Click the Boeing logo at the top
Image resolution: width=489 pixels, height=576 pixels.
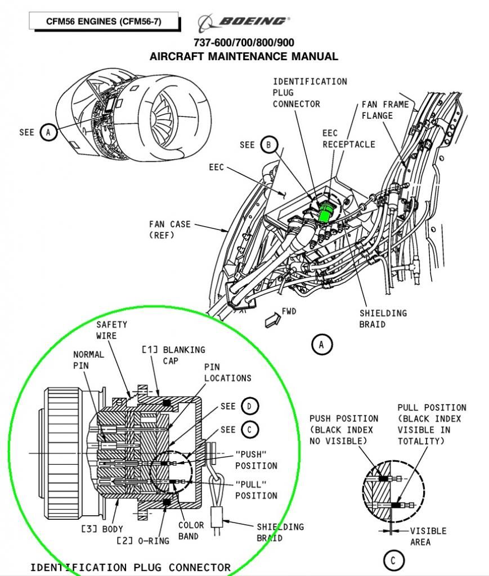[x=243, y=22]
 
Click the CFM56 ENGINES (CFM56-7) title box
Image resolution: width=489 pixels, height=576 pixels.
[x=104, y=22]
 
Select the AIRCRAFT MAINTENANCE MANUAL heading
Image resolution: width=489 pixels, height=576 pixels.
[x=243, y=56]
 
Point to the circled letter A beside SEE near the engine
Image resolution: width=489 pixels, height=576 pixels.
[x=48, y=132]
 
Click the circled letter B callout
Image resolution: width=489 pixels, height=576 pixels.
[x=268, y=145]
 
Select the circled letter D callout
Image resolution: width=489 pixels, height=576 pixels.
[x=249, y=406]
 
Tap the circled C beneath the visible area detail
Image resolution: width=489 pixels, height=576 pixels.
[x=393, y=560]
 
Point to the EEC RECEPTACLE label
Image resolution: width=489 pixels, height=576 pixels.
[x=348, y=139]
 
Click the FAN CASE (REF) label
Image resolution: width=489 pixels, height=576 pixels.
[x=169, y=229]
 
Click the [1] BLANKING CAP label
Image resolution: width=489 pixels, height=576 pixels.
[x=173, y=355]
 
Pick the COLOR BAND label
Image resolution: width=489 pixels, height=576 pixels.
[x=191, y=530]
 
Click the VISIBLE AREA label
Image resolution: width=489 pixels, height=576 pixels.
[x=428, y=536]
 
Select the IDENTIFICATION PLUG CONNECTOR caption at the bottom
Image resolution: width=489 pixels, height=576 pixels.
[x=130, y=567]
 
